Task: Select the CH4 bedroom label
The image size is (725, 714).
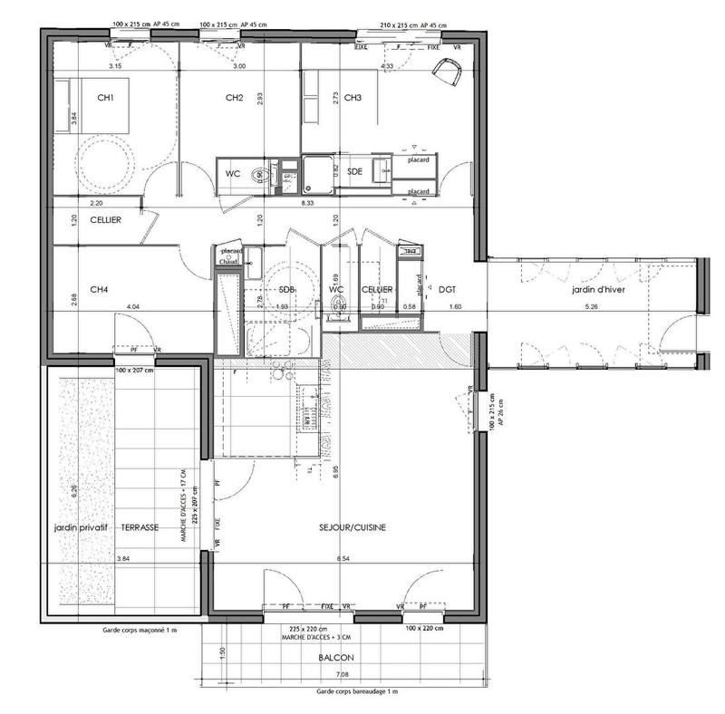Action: tap(100, 290)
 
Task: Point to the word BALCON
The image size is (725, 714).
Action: tap(335, 659)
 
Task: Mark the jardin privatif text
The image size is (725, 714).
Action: tap(80, 527)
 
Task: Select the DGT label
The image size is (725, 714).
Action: tap(447, 290)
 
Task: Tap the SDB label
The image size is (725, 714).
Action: tap(287, 290)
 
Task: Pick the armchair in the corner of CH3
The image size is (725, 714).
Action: tap(449, 70)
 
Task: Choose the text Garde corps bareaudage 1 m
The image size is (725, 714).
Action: tap(357, 690)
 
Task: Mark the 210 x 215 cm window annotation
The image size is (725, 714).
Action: tap(408, 24)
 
